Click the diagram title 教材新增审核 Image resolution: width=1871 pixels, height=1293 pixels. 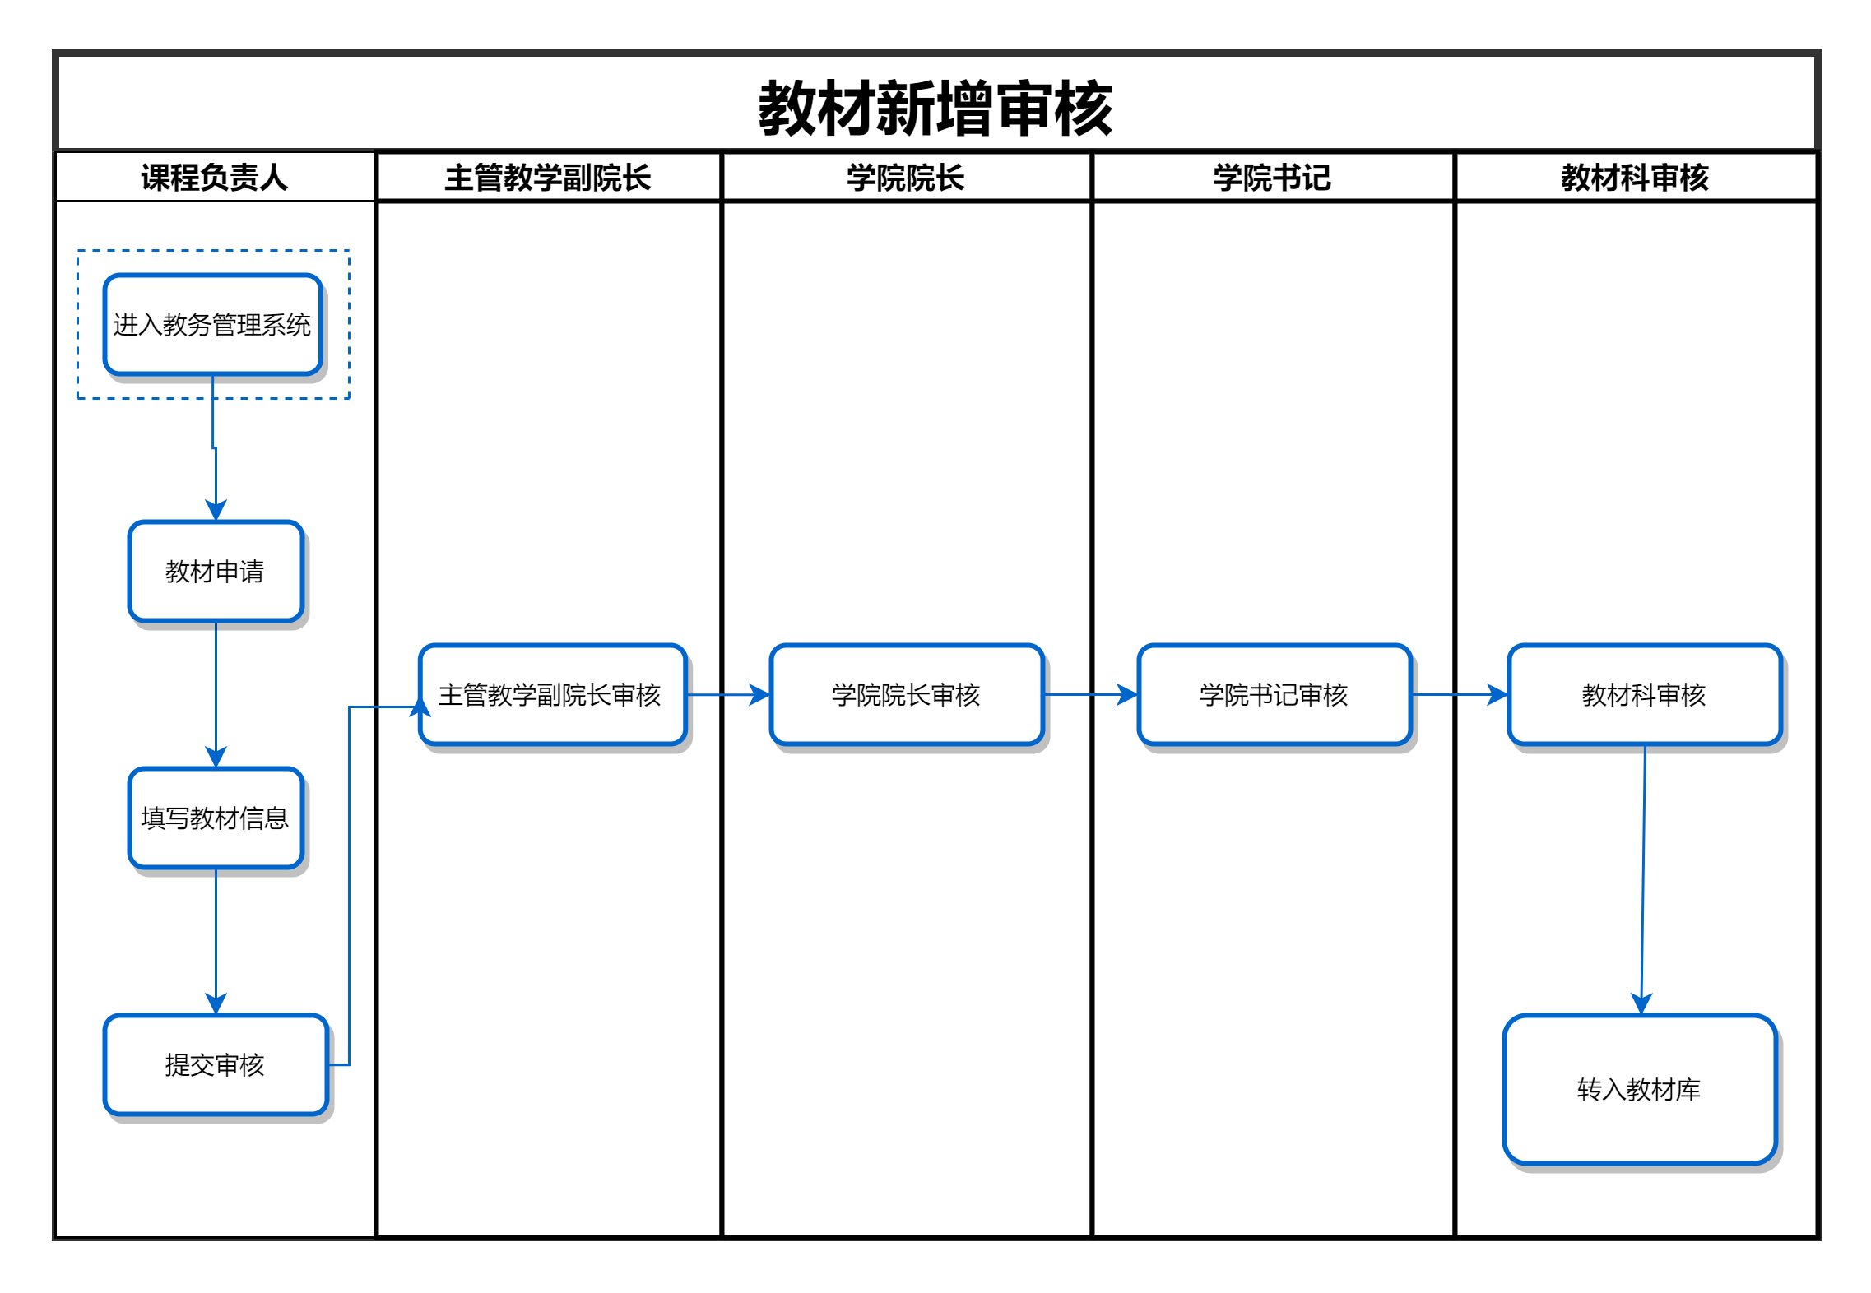[x=935, y=108]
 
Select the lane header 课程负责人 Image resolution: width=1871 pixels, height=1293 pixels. [x=214, y=178]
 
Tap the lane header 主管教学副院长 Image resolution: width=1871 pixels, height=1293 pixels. [x=548, y=178]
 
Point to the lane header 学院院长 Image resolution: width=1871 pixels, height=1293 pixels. [x=906, y=178]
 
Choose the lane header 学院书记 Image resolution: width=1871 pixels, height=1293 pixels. [x=1272, y=178]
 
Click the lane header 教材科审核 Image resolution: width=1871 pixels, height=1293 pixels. [x=1636, y=178]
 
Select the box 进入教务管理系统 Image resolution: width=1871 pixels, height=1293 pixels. [x=212, y=325]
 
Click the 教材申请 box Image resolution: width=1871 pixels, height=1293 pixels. [x=216, y=572]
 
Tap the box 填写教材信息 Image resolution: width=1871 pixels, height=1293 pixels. [x=216, y=818]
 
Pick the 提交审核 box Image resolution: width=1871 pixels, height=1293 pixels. [x=216, y=1065]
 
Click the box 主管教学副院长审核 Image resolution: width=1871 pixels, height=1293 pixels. [x=552, y=695]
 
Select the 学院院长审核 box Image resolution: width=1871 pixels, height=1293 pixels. [x=907, y=695]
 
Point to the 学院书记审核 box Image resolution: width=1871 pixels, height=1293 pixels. [x=1274, y=695]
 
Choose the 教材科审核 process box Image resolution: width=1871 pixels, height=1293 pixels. [x=1645, y=695]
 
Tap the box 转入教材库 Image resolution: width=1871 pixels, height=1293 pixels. [x=1640, y=1090]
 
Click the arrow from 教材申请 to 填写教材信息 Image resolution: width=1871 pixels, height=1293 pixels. [x=216, y=695]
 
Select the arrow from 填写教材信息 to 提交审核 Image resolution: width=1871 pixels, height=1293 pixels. [x=216, y=942]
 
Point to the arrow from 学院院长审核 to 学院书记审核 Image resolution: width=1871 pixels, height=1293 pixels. [x=1091, y=695]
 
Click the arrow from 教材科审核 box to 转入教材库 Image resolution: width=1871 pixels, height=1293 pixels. [x=1643, y=880]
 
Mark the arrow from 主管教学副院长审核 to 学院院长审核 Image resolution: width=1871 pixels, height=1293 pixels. [x=728, y=695]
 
